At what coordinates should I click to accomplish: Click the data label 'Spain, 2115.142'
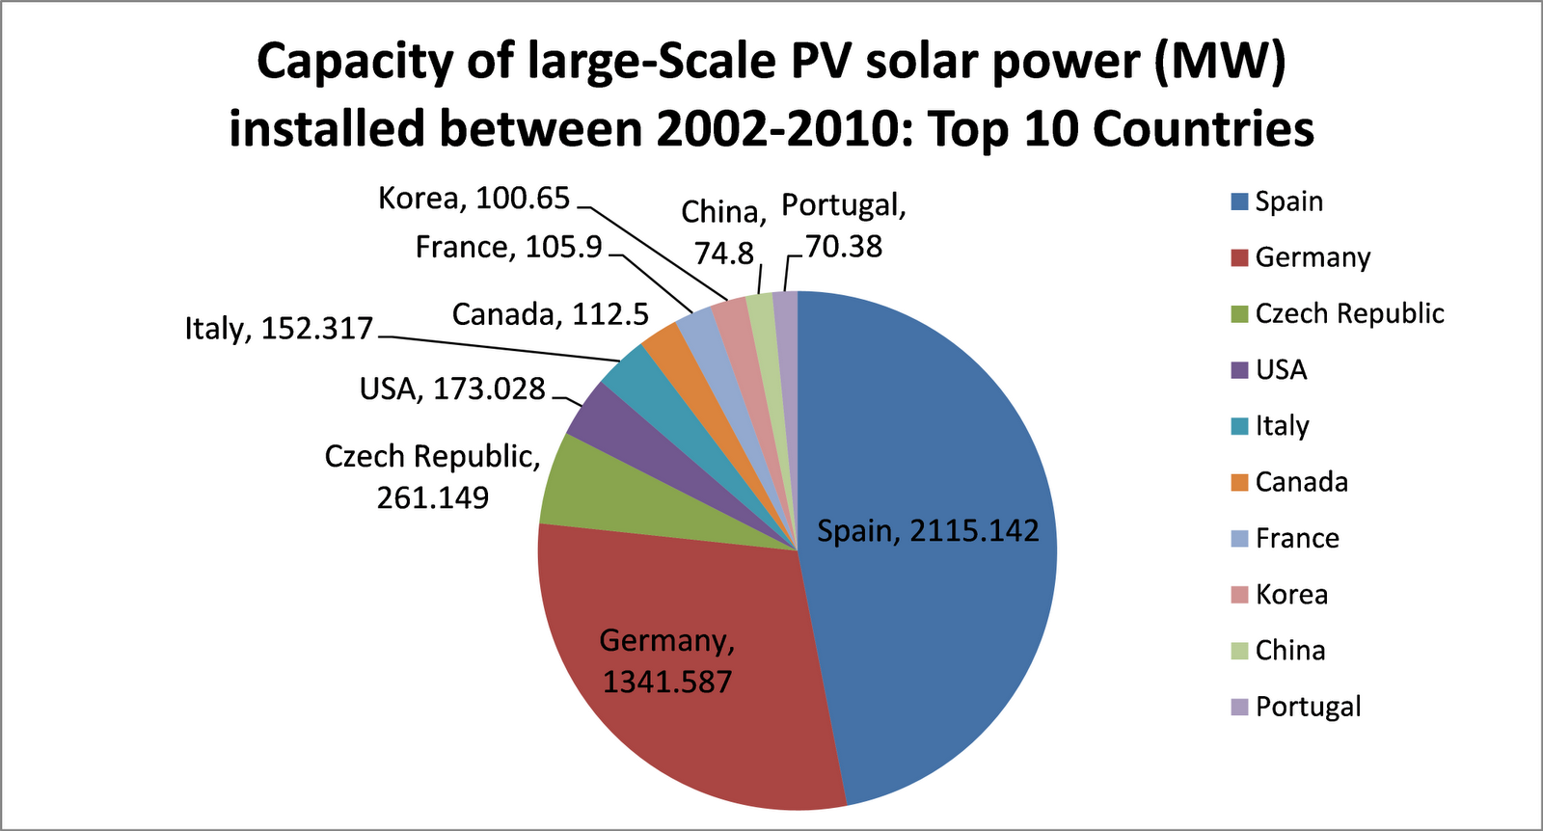pyautogui.click(x=928, y=530)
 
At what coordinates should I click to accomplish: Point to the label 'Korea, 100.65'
pyautogui.click(x=474, y=198)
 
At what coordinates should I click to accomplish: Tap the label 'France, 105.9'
pyautogui.click(x=508, y=248)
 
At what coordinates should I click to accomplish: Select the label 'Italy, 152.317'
pyautogui.click(x=279, y=329)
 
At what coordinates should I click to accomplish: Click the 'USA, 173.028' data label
pyautogui.click(x=452, y=389)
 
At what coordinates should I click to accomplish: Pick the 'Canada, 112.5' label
pyautogui.click(x=550, y=314)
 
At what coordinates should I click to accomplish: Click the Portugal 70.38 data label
pyautogui.click(x=844, y=226)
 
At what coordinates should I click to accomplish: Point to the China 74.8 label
pyautogui.click(x=723, y=232)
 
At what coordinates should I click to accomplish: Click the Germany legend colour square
pyautogui.click(x=1239, y=258)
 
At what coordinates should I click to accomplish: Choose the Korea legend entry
pyautogui.click(x=1290, y=595)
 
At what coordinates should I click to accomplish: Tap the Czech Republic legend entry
pyautogui.click(x=1348, y=314)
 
